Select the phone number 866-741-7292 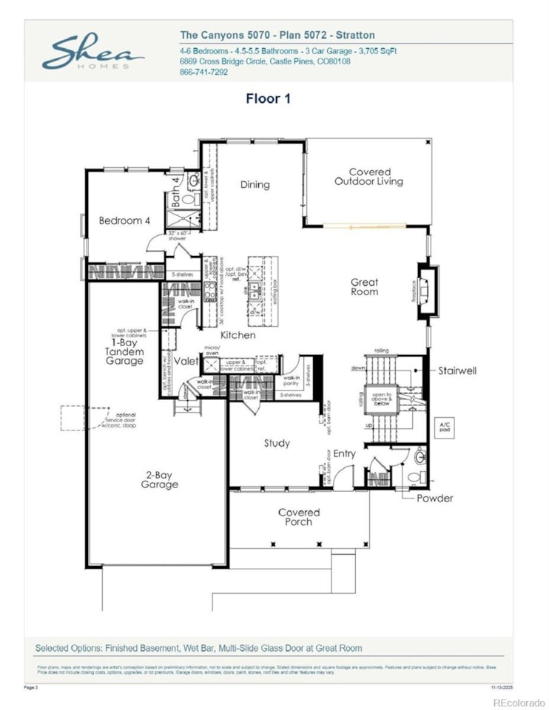[x=204, y=72]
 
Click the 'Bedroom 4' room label [x=124, y=220]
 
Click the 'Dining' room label [x=255, y=185]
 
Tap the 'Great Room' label [x=364, y=287]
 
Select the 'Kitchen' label [x=238, y=335]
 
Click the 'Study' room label [x=277, y=443]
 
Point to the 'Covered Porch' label [x=299, y=517]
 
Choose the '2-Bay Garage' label [x=160, y=480]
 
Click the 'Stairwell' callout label [x=457, y=370]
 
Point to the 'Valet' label [x=186, y=361]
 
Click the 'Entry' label [x=344, y=453]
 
